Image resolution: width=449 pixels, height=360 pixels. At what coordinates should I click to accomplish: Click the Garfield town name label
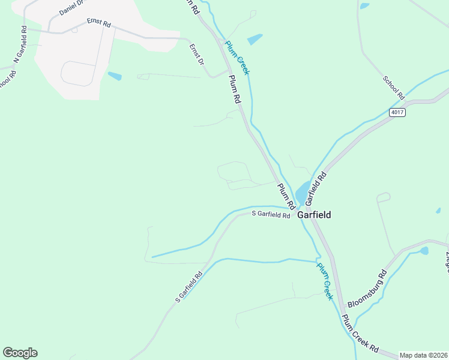[x=314, y=214]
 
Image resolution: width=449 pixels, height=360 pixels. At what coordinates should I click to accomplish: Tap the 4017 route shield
[x=397, y=112]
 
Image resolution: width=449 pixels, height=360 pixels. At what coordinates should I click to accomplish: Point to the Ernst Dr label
[x=197, y=54]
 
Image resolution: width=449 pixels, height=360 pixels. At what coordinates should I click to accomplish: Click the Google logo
[x=20, y=353]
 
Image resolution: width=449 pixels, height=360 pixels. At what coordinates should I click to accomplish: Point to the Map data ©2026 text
[x=424, y=355]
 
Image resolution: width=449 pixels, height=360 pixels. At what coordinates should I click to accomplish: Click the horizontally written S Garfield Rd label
[x=271, y=214]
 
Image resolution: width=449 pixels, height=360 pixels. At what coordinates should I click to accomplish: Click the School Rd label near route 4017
[x=394, y=88]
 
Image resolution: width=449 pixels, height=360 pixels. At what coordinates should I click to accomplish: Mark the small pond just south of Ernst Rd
[x=114, y=76]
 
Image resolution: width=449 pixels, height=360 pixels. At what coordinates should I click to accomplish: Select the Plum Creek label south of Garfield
[x=325, y=281]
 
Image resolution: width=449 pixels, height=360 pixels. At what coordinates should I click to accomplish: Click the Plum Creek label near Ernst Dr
[x=237, y=57]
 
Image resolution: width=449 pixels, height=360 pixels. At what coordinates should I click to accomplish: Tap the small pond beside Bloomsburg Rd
[x=424, y=250]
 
